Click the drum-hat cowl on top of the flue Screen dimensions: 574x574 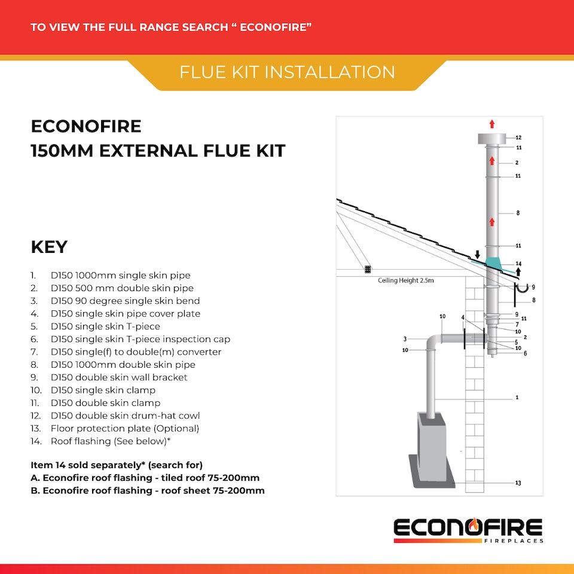[x=492, y=139]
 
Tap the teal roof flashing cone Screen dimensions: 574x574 [x=494, y=263]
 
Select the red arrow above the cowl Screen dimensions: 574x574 [x=492, y=124]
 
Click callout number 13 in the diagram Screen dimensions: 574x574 [x=518, y=483]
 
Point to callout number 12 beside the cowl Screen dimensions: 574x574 [x=518, y=138]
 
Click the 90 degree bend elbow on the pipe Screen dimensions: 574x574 [x=434, y=343]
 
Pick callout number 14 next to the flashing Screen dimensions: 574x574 [x=518, y=263]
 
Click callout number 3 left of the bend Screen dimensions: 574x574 [x=405, y=339]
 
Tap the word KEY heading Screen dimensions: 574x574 [x=48, y=248]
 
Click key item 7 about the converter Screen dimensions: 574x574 [x=136, y=352]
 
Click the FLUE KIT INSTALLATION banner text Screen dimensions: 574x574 [x=287, y=72]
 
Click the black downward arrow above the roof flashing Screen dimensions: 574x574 [x=477, y=256]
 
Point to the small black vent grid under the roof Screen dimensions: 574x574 [x=368, y=270]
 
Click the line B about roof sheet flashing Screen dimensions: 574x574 [x=148, y=490]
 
